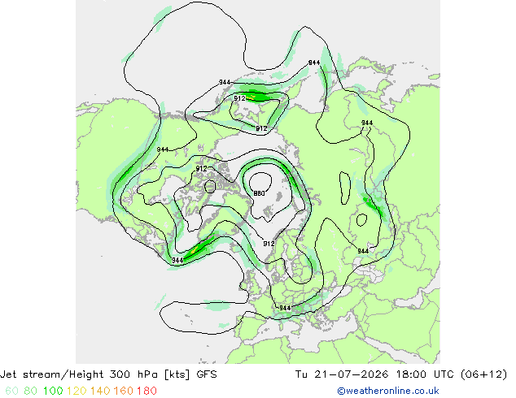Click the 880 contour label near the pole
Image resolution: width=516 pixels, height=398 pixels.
pyautogui.click(x=260, y=193)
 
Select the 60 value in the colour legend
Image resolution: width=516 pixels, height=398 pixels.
pyautogui.click(x=11, y=391)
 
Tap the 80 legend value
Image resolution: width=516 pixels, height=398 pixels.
pyautogui.click(x=30, y=391)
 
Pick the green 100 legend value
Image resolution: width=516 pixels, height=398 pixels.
pyautogui.click(x=53, y=391)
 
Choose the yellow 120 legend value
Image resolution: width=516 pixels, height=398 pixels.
pyautogui.click(x=77, y=391)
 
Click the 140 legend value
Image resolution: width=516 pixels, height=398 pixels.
pyautogui.click(x=100, y=391)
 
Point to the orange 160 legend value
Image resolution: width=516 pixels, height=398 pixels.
pyautogui.click(x=124, y=391)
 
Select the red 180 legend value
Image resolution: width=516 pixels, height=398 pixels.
pyautogui.click(x=146, y=391)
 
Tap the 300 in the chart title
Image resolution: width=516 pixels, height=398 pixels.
pyautogui.click(x=119, y=374)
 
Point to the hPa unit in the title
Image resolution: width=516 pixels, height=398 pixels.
pyautogui.click(x=146, y=374)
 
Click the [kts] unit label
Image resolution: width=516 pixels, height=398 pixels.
pyautogui.click(x=177, y=374)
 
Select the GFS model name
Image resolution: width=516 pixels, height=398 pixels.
pyautogui.click(x=207, y=374)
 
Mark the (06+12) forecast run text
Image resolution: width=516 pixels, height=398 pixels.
pyautogui.click(x=483, y=374)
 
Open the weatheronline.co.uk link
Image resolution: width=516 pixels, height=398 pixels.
pyautogui.click(x=388, y=391)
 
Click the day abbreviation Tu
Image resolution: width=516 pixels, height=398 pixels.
pyautogui.click(x=301, y=374)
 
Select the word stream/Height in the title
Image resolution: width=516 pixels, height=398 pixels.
pyautogui.click(x=63, y=374)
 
